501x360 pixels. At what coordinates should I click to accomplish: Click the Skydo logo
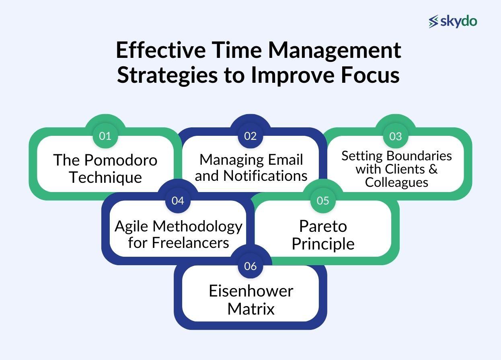pyautogui.click(x=453, y=21)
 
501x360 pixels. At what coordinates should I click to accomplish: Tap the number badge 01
pyautogui.click(x=105, y=136)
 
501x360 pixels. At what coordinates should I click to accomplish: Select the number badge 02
pyautogui.click(x=250, y=136)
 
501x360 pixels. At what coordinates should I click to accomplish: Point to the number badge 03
pyautogui.click(x=395, y=136)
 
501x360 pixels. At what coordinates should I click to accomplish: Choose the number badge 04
pyautogui.click(x=178, y=200)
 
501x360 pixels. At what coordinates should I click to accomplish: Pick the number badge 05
pyautogui.click(x=323, y=200)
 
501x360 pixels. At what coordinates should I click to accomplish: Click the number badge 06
pyautogui.click(x=250, y=266)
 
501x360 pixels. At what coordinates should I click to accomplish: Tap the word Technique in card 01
pyautogui.click(x=105, y=177)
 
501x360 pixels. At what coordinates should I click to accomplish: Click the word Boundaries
pyautogui.click(x=418, y=155)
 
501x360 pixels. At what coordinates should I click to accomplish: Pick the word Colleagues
pyautogui.click(x=396, y=182)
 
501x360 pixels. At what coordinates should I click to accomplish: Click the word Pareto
pyautogui.click(x=323, y=226)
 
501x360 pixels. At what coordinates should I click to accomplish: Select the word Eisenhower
pyautogui.click(x=251, y=291)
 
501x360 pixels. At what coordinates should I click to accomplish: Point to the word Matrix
pyautogui.click(x=251, y=309)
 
